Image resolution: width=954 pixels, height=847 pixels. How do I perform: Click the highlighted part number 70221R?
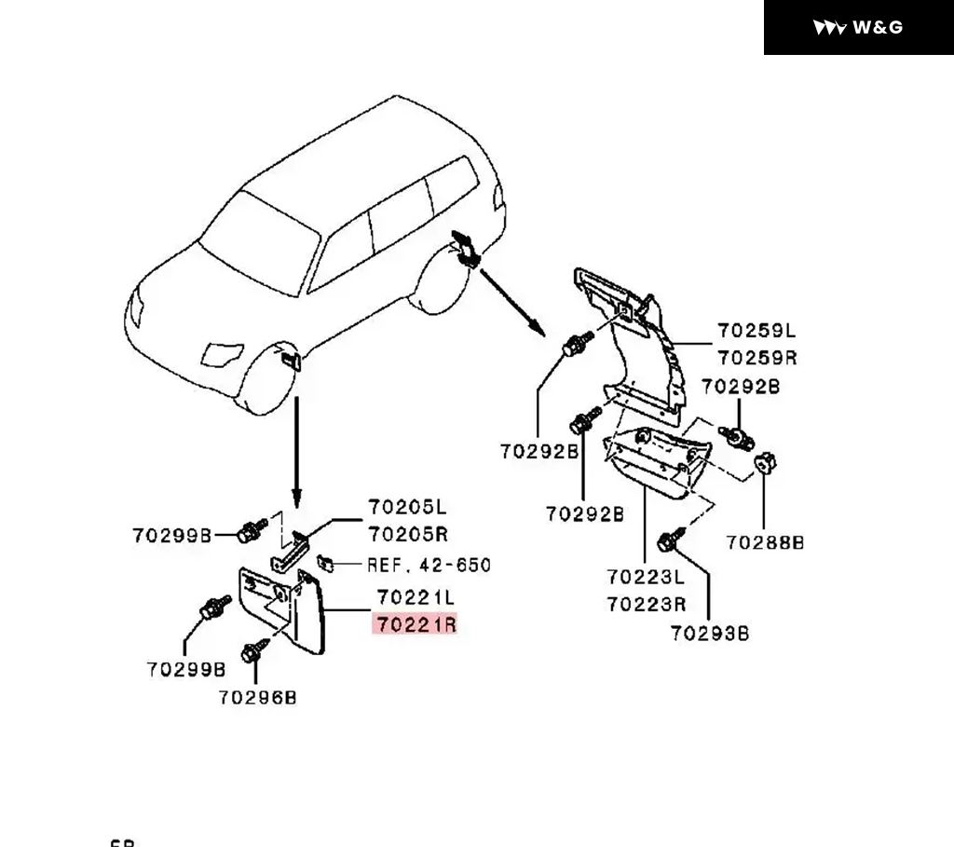[x=416, y=624]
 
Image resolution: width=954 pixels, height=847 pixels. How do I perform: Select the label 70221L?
[x=416, y=596]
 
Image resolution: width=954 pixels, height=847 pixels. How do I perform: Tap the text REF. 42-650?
[x=429, y=565]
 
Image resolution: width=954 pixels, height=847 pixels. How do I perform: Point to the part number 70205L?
[x=407, y=508]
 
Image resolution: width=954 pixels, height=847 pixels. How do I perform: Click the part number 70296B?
[x=258, y=697]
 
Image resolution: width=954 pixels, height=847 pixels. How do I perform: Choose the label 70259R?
[x=756, y=358]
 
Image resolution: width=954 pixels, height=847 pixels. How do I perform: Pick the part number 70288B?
[x=765, y=542]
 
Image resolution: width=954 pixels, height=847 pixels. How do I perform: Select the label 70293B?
[x=710, y=634]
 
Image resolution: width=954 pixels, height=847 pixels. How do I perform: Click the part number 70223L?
[x=646, y=577]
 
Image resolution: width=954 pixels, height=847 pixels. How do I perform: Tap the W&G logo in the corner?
[x=858, y=27]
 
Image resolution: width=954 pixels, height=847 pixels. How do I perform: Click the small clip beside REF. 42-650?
[x=327, y=563]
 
